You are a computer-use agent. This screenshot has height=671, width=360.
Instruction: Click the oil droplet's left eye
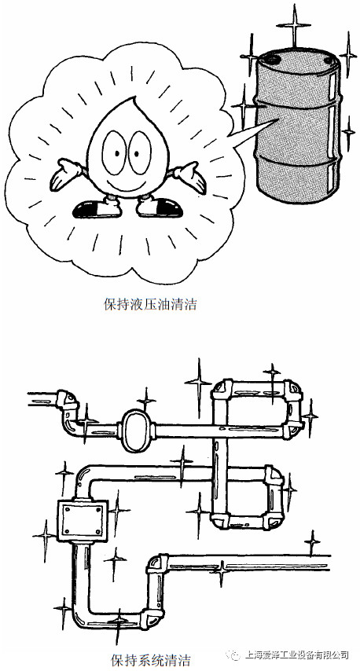coord(113,152)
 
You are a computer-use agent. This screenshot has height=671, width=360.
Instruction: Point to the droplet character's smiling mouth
coord(126,183)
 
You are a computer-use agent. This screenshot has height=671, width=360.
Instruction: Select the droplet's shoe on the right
coord(159,208)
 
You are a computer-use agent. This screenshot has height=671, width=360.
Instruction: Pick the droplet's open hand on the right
coord(189,176)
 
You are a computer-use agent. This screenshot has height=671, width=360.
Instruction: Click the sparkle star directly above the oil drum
coord(294,25)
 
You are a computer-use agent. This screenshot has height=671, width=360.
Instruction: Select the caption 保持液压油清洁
coord(150,305)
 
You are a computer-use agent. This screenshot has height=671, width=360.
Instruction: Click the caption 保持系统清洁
coord(150,659)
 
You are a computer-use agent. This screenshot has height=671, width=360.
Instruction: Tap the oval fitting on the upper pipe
coord(137,431)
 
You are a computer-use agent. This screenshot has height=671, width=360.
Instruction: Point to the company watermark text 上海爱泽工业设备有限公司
coord(296,655)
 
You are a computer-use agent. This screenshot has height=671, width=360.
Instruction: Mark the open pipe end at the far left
coord(28,398)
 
